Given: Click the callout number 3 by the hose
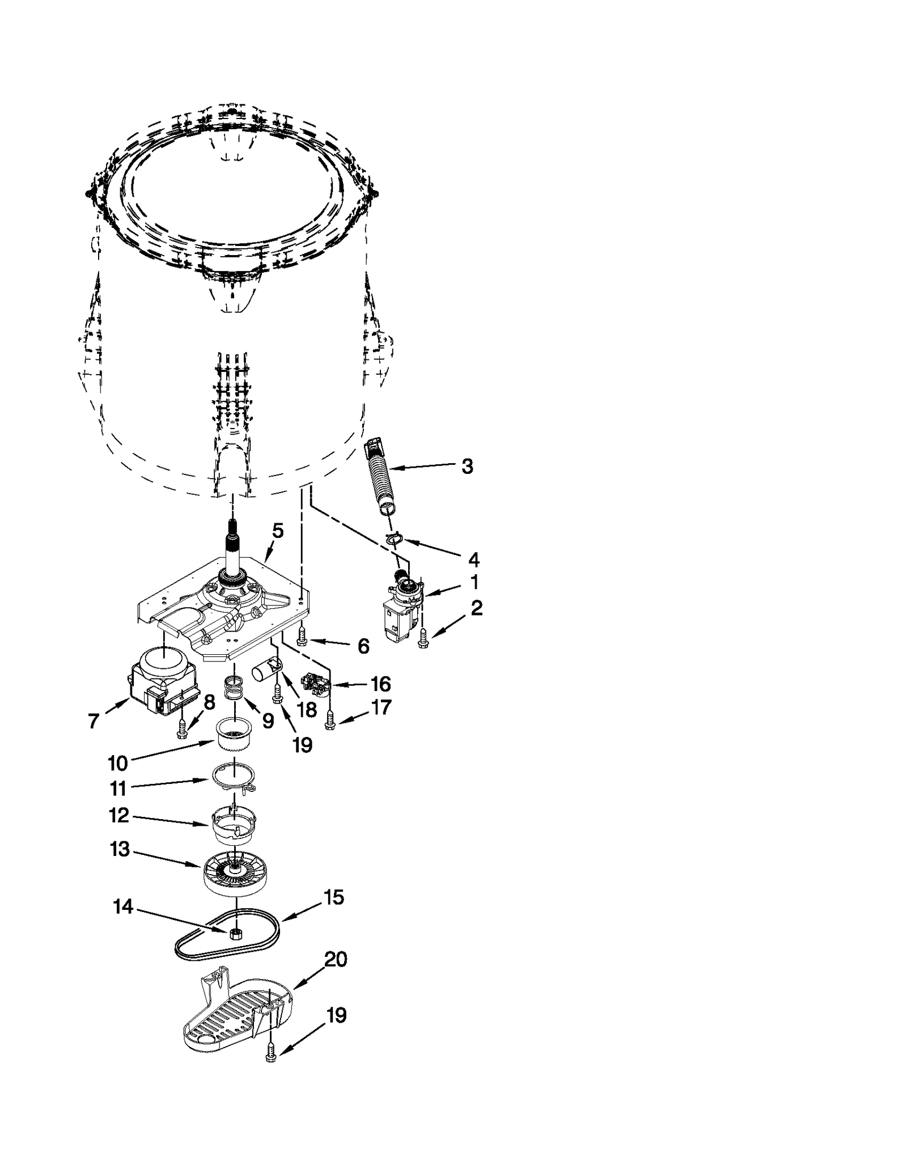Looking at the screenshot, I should point(467,467).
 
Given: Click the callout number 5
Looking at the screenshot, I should point(277,531).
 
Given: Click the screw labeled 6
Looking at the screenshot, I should point(301,640).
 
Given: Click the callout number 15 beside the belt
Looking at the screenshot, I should point(333,897).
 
